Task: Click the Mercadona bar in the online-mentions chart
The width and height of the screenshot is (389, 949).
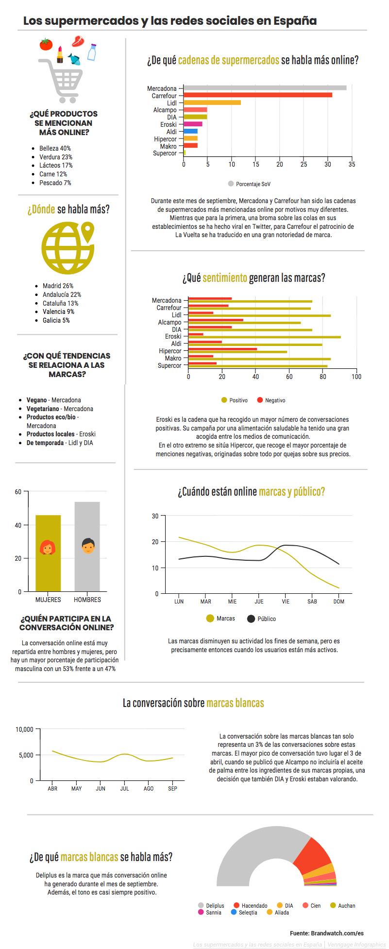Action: (265, 88)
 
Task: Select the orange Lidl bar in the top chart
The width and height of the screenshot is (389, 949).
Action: (212, 103)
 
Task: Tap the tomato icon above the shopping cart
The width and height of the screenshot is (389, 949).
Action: (46, 44)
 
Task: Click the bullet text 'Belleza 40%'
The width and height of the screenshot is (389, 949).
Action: (55, 148)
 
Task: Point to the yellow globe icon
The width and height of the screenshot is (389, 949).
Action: (68, 248)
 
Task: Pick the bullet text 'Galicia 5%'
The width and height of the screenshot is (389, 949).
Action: (56, 320)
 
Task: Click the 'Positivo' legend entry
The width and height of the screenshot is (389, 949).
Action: (235, 400)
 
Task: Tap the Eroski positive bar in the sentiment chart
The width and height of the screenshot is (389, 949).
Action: (264, 337)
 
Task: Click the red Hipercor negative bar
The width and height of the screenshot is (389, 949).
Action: (222, 349)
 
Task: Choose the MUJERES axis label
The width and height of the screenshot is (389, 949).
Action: (48, 600)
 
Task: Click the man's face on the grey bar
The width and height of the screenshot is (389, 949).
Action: (88, 546)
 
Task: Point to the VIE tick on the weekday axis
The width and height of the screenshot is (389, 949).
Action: (286, 602)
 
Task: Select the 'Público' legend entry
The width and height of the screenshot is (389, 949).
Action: (262, 619)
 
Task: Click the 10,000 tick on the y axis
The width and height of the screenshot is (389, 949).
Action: (24, 729)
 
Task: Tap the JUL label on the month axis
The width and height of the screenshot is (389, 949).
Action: (125, 789)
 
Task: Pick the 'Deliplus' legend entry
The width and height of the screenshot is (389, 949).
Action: (211, 906)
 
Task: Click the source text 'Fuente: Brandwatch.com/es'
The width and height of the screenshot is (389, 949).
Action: (326, 933)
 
